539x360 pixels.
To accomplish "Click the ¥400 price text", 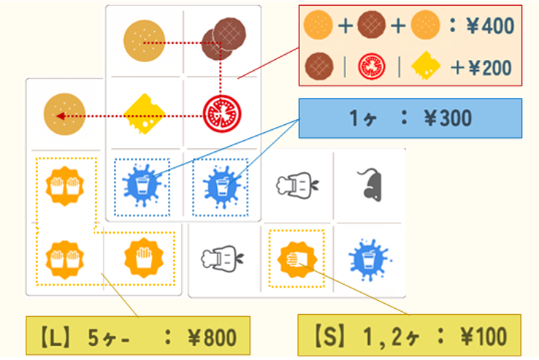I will click(x=491, y=27).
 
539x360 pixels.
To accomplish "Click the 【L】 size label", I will click(x=53, y=337).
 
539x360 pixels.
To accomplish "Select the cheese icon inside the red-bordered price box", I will click(x=426, y=66).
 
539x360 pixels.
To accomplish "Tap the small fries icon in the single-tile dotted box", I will click(x=297, y=258).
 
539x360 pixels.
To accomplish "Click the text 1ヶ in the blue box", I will click(x=364, y=118).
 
